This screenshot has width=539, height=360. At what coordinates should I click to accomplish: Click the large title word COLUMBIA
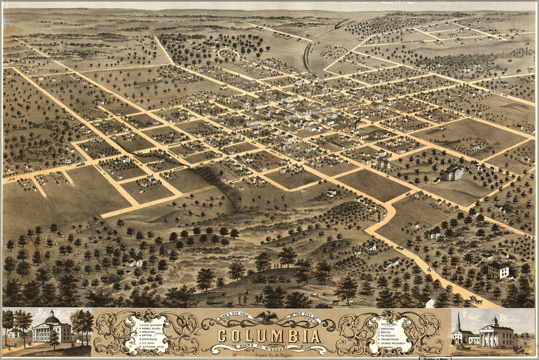269,336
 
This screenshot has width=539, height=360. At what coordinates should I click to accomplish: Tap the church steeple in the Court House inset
458,322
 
